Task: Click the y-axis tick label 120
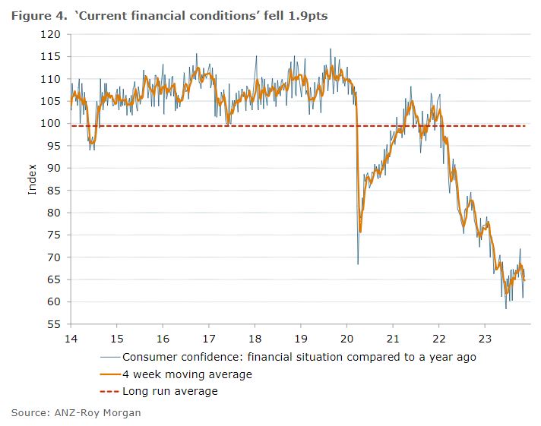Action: click(x=51, y=34)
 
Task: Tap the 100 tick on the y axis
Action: click(x=51, y=123)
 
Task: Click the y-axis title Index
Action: click(x=33, y=180)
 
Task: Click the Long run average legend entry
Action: click(x=170, y=391)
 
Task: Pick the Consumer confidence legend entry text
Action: click(x=299, y=357)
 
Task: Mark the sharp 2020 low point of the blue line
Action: click(x=358, y=263)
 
